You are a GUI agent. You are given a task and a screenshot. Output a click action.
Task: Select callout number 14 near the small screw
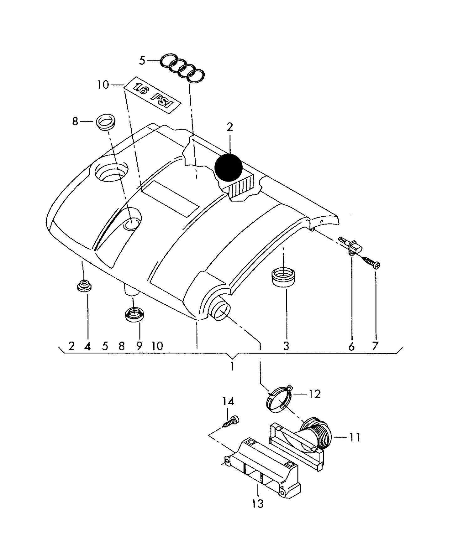[x=228, y=401]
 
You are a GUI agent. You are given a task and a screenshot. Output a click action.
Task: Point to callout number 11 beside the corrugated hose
[x=355, y=437]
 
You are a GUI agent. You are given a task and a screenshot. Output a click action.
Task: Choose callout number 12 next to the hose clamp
[x=315, y=394]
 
